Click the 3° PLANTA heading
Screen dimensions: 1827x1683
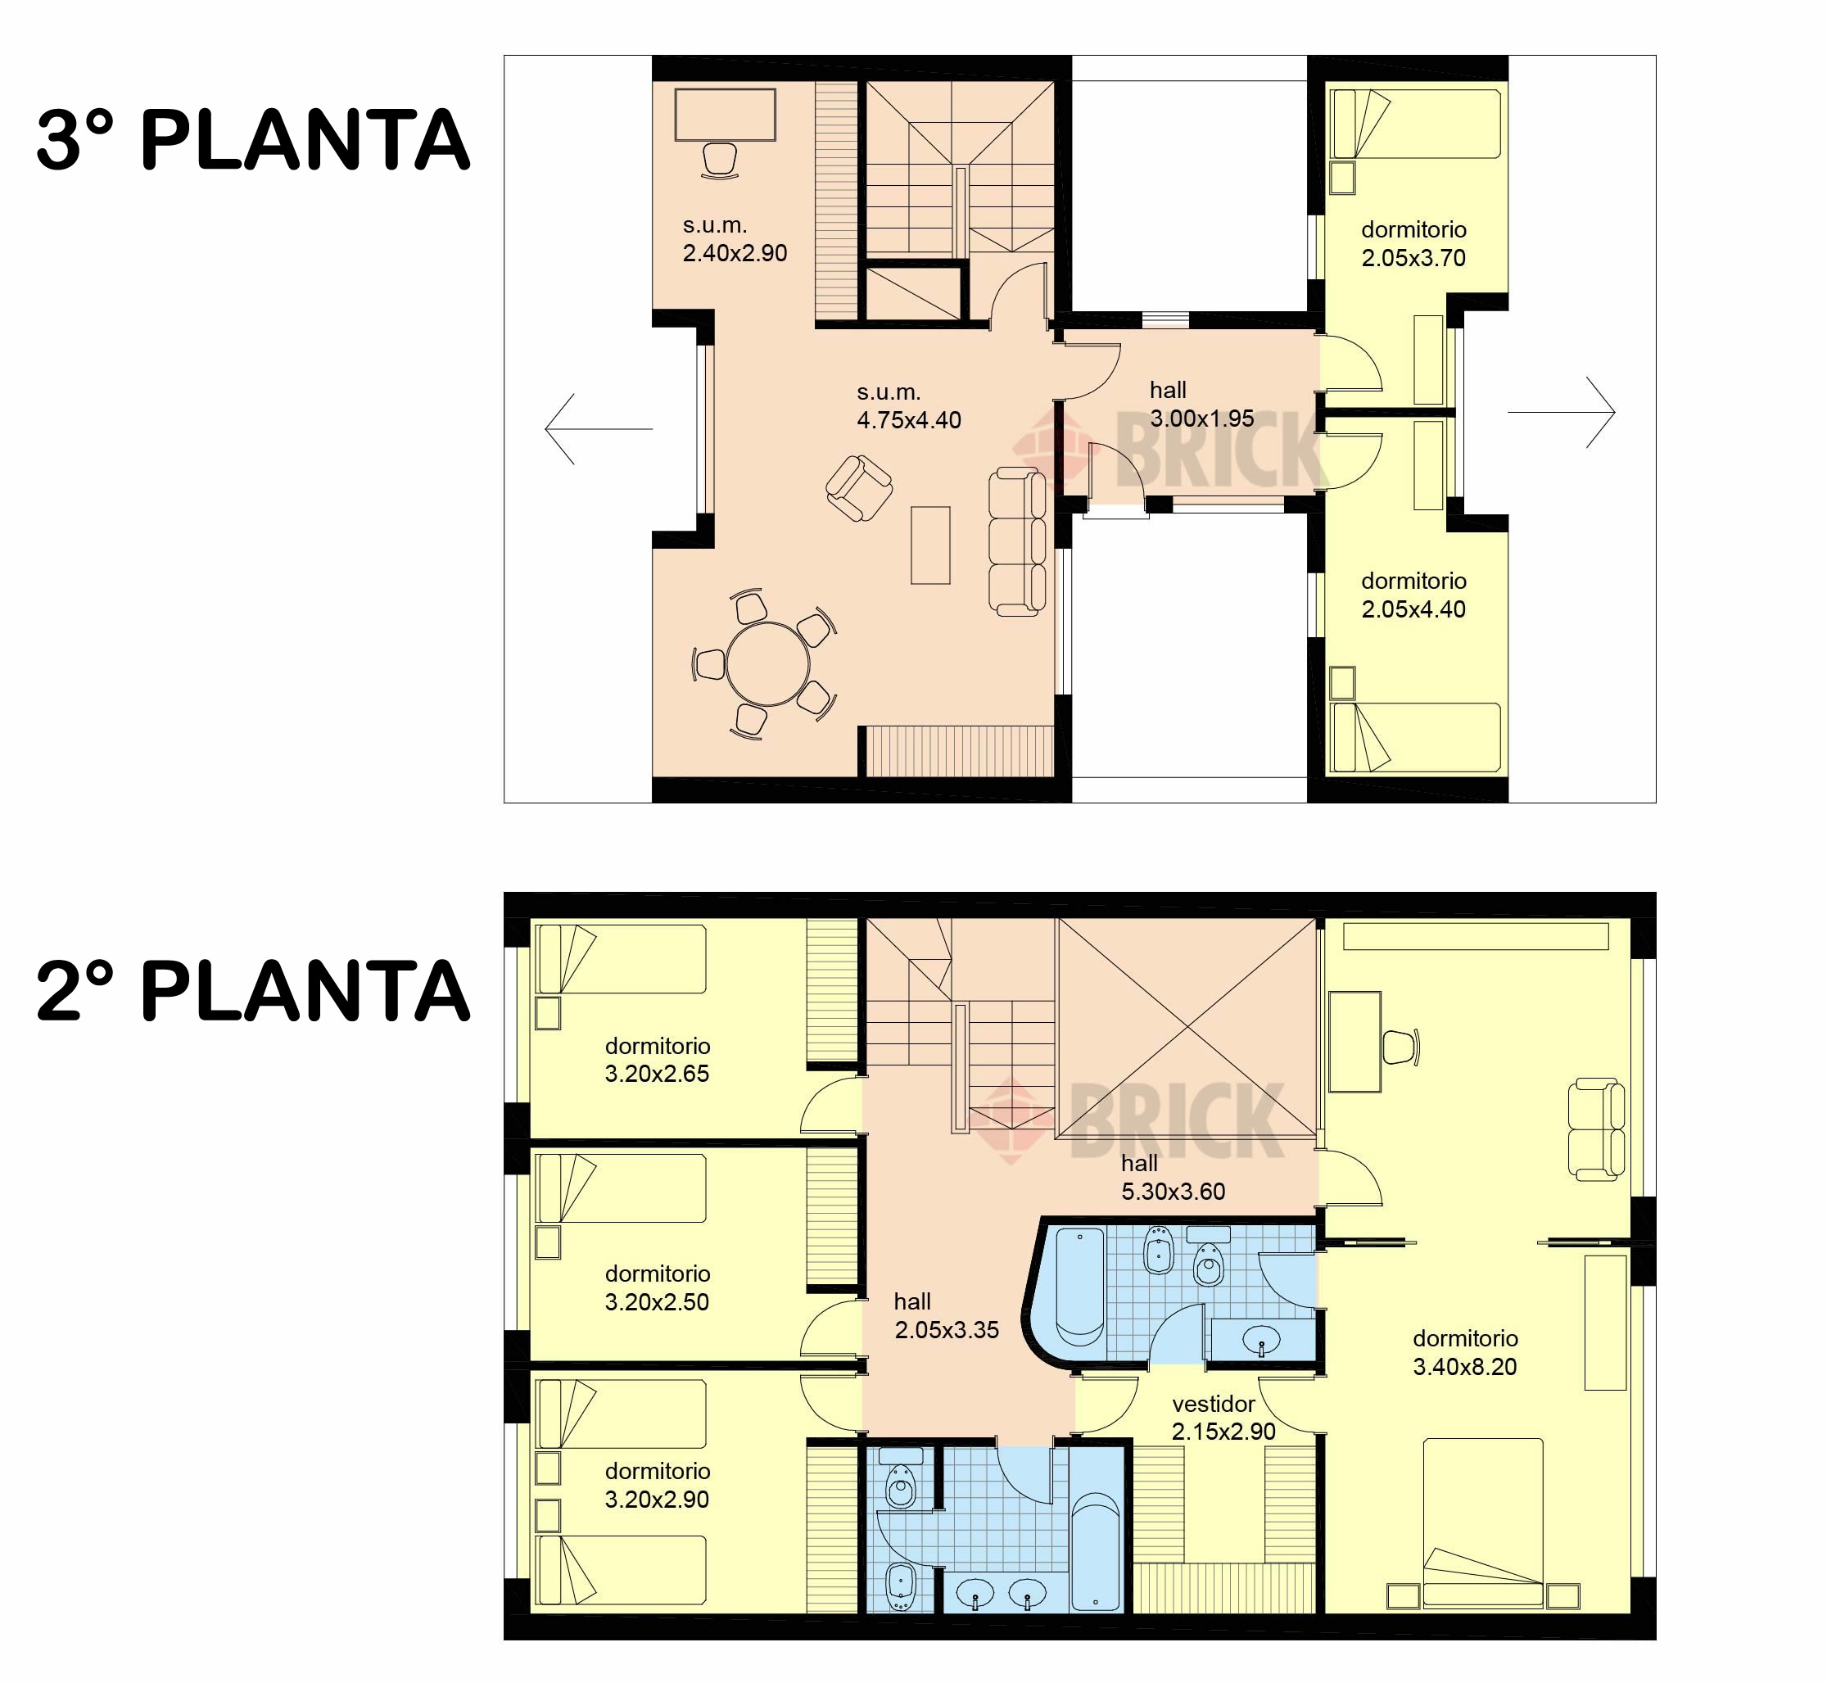pyautogui.click(x=253, y=139)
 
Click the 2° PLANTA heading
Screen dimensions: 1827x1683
pyautogui.click(x=253, y=990)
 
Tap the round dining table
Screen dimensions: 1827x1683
pyautogui.click(x=768, y=664)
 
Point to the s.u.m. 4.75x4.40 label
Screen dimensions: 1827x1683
pyautogui.click(x=909, y=406)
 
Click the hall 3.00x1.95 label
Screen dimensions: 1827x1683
pyautogui.click(x=1201, y=405)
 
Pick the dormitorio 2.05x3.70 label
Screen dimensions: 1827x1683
pyautogui.click(x=1413, y=244)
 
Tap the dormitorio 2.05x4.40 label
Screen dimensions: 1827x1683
pyautogui.click(x=1413, y=595)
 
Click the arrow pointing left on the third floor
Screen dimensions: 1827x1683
pyautogui.click(x=599, y=428)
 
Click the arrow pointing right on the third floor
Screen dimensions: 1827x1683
pyautogui.click(x=1561, y=413)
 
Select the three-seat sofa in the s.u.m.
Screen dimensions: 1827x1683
pyautogui.click(x=1017, y=542)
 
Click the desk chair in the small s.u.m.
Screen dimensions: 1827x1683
pyautogui.click(x=720, y=161)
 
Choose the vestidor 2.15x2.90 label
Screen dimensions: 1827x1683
pyautogui.click(x=1223, y=1417)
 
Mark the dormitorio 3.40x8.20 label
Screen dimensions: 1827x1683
pyautogui.click(x=1464, y=1352)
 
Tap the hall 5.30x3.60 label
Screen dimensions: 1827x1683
pyautogui.click(x=1173, y=1177)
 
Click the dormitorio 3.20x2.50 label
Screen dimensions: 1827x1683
pyautogui.click(x=657, y=1287)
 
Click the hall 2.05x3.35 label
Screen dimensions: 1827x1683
pyautogui.click(x=947, y=1316)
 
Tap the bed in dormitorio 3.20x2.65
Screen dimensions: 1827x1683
pyautogui.click(x=621, y=959)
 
